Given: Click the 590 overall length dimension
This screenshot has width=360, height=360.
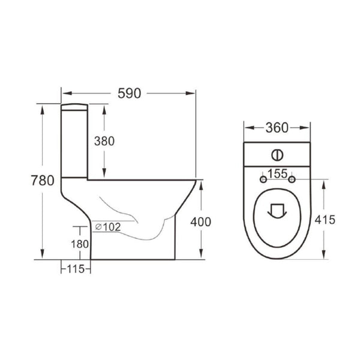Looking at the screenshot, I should point(129,94).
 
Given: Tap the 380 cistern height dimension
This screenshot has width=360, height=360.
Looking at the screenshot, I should point(104,141).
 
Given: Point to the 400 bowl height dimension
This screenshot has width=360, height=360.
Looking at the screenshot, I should point(200,221).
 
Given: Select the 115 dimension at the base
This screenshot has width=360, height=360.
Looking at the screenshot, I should point(75,269).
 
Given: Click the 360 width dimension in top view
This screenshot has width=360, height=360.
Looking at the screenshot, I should point(277,128).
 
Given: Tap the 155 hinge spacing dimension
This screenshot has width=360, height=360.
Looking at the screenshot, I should point(277,173).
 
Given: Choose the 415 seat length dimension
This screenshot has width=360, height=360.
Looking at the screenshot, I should point(325,220).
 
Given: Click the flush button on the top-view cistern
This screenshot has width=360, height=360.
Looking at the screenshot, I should point(277,154).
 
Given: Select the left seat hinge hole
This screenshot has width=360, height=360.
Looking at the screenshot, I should point(262,179).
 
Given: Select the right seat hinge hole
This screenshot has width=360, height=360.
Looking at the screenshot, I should point(292,179).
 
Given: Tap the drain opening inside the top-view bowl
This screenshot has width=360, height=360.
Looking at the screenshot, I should point(277,211).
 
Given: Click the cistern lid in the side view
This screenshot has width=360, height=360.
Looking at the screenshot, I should point(75,107).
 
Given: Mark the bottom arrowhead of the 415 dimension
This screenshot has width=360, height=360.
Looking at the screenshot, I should point(325,256).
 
